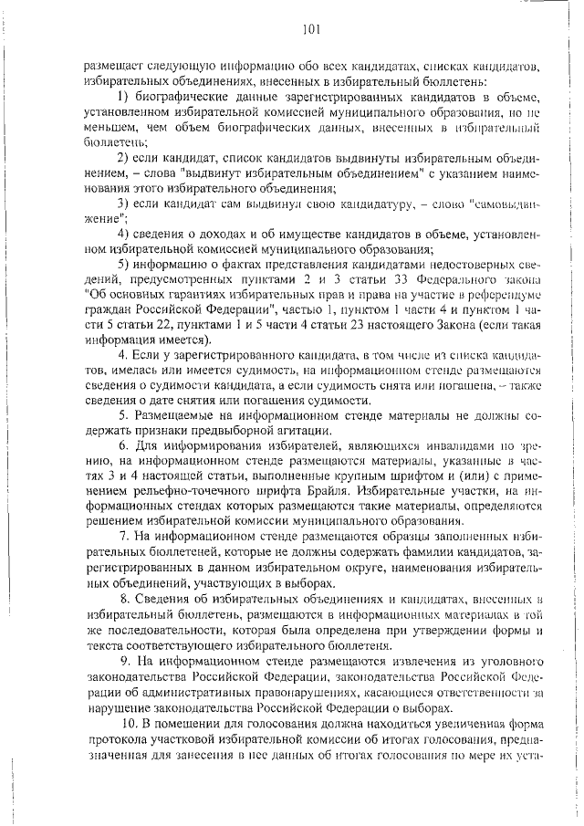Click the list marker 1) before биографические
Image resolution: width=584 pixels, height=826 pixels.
click(x=125, y=96)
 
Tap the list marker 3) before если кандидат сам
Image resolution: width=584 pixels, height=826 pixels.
click(x=125, y=203)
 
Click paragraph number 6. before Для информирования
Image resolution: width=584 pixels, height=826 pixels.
click(x=124, y=444)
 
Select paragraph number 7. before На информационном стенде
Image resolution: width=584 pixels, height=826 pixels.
click(x=124, y=536)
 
